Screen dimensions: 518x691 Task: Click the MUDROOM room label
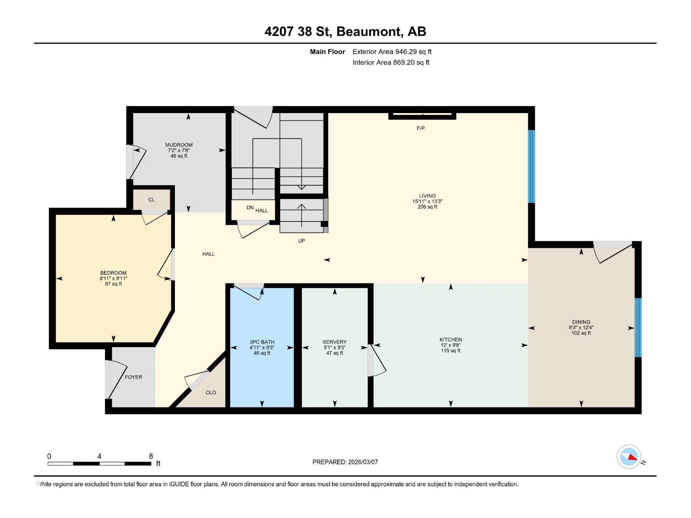pyautogui.click(x=179, y=145)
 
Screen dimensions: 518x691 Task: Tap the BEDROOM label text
pyautogui.click(x=113, y=273)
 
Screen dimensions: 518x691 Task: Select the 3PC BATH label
pyautogui.click(x=262, y=342)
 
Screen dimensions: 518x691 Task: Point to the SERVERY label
pyautogui.click(x=334, y=342)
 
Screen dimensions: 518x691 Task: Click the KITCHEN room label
pyautogui.click(x=450, y=340)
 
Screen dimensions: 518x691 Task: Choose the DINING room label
pyautogui.click(x=581, y=322)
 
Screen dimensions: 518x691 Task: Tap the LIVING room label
pyautogui.click(x=427, y=196)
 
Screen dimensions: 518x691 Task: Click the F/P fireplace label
pyautogui.click(x=421, y=128)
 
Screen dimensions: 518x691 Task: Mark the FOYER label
pyautogui.click(x=133, y=377)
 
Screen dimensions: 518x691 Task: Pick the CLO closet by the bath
pyautogui.click(x=211, y=392)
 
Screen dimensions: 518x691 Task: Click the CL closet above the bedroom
pyautogui.click(x=151, y=200)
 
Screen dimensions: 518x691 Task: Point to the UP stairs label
pyautogui.click(x=301, y=241)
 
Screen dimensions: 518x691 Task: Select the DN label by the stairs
pyautogui.click(x=250, y=208)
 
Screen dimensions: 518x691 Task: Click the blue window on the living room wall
pyautogui.click(x=532, y=166)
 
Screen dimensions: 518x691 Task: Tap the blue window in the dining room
pyautogui.click(x=638, y=327)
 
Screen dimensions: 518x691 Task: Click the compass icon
pyautogui.click(x=629, y=456)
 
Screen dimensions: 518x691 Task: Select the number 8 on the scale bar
pyautogui.click(x=151, y=456)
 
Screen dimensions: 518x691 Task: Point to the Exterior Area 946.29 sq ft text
pyautogui.click(x=392, y=52)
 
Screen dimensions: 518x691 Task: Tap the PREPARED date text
pyautogui.click(x=345, y=462)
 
